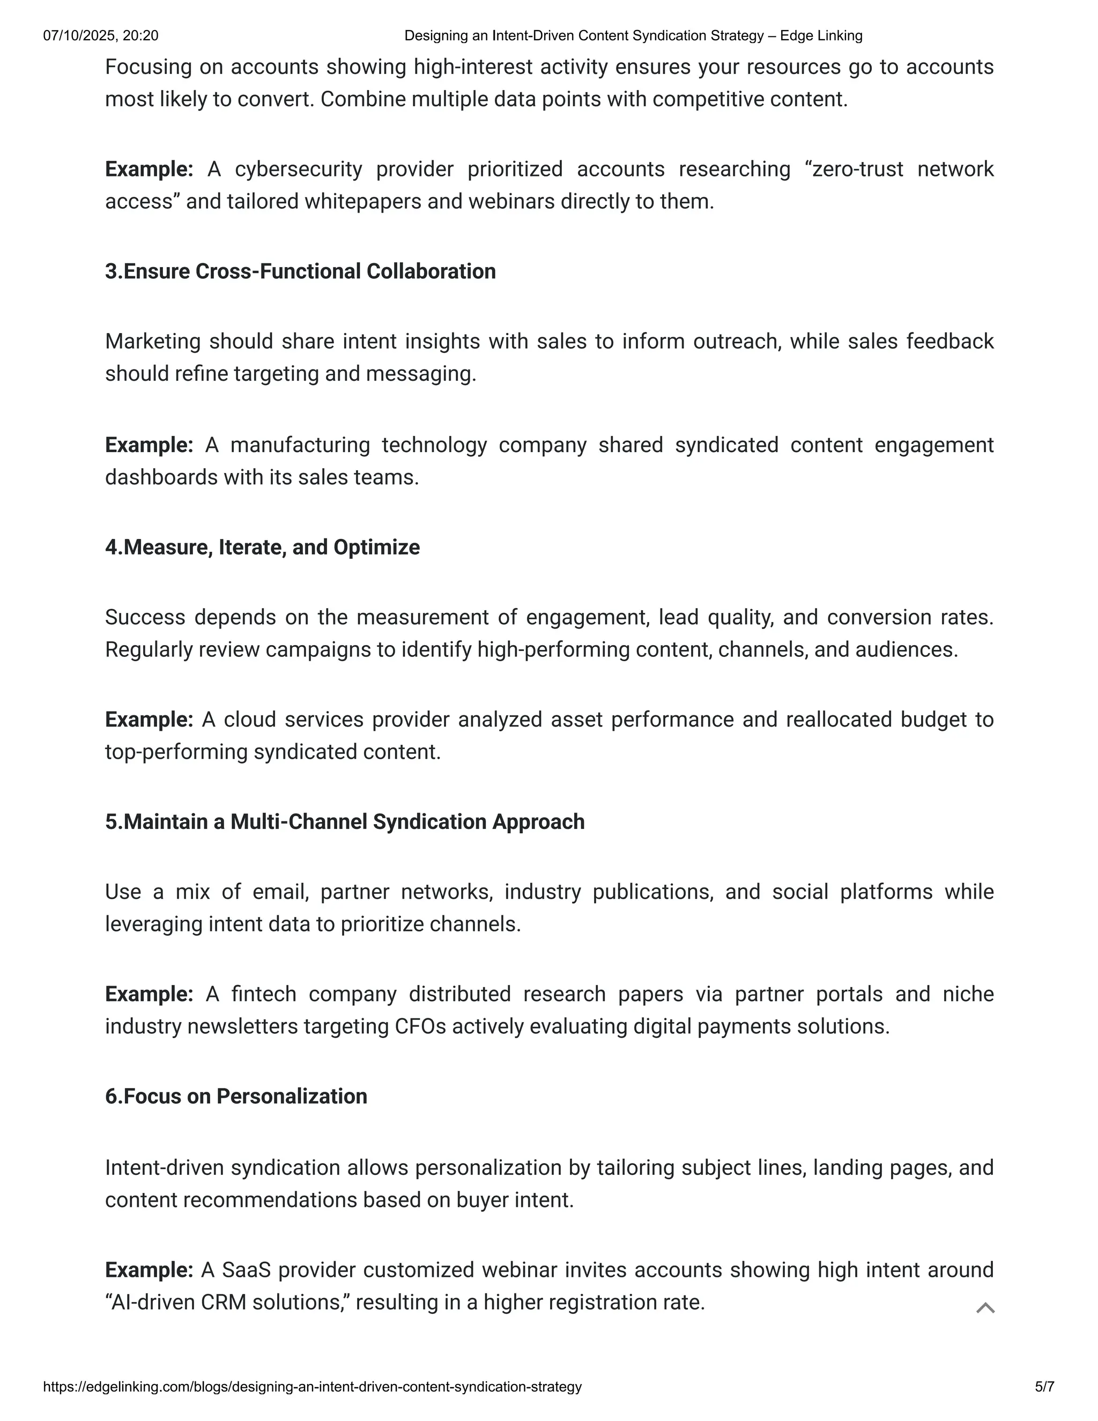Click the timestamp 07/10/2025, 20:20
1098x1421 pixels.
click(x=101, y=36)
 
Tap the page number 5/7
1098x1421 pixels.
click(x=1044, y=1387)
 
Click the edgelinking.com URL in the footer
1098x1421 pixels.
click(x=312, y=1387)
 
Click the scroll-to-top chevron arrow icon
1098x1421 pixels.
click(x=985, y=1308)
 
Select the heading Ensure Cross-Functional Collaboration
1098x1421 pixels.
click(x=301, y=271)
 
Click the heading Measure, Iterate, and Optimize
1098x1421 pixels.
click(x=262, y=547)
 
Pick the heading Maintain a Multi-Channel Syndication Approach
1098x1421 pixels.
click(x=345, y=821)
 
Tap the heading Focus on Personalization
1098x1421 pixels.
click(x=236, y=1097)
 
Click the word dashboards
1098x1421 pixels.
click(x=162, y=478)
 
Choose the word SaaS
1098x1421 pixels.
click(x=246, y=1270)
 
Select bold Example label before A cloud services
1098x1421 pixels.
click(x=149, y=720)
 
